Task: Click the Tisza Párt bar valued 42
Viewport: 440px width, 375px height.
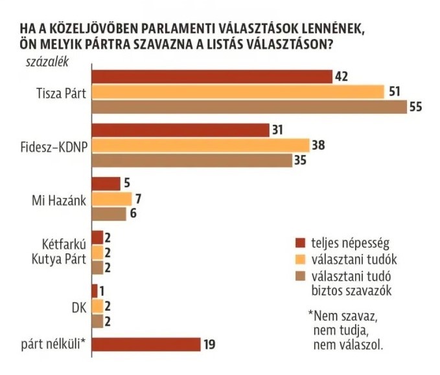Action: (212, 76)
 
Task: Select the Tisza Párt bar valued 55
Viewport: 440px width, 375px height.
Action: (249, 107)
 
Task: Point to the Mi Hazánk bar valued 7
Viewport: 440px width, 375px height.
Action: (112, 198)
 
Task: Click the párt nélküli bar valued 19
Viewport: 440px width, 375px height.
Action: (146, 345)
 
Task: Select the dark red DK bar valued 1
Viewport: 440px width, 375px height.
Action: (95, 290)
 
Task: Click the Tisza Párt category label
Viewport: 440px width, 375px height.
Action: (62, 92)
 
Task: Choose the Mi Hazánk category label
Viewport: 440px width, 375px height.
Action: (60, 199)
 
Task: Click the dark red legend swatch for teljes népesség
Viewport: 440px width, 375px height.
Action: (299, 243)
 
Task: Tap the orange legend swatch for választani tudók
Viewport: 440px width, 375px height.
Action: (299, 260)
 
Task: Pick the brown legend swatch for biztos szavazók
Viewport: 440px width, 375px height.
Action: (299, 277)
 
